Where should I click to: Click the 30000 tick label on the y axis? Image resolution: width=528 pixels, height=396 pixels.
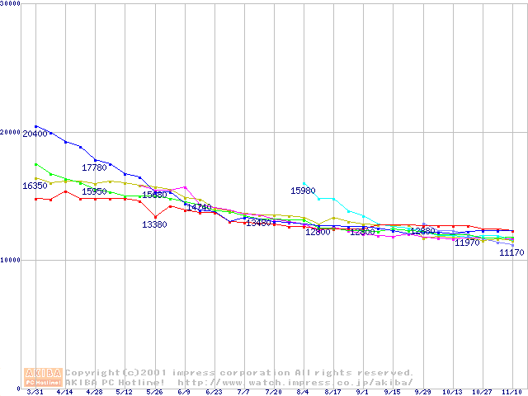click(x=12, y=3)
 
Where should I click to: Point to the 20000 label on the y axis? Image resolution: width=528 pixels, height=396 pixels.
click(x=12, y=132)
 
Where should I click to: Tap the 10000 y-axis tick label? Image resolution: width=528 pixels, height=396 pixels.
click(x=12, y=260)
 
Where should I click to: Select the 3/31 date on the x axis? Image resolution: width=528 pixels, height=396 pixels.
click(x=35, y=392)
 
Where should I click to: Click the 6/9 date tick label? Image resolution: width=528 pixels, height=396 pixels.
click(x=184, y=392)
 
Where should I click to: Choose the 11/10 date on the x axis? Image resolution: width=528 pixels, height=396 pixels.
click(x=511, y=392)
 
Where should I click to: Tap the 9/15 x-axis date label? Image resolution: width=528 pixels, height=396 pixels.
click(x=393, y=392)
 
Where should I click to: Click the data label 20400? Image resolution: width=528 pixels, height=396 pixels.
click(x=35, y=134)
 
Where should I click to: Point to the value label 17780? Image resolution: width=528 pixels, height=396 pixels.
click(x=94, y=167)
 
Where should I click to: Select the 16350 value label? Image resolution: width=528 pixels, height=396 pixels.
click(x=35, y=186)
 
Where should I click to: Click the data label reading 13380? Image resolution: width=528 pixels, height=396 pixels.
click(x=154, y=224)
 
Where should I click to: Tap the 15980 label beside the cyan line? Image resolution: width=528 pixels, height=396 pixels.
click(x=303, y=191)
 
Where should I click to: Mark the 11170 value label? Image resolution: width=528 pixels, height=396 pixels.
click(x=511, y=252)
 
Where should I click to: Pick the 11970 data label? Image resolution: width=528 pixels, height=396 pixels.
click(x=467, y=243)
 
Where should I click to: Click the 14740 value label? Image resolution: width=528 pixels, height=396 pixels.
click(x=199, y=207)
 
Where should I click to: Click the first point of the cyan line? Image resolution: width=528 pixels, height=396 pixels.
click(x=304, y=183)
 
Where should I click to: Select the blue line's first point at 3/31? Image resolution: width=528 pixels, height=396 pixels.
click(x=35, y=126)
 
